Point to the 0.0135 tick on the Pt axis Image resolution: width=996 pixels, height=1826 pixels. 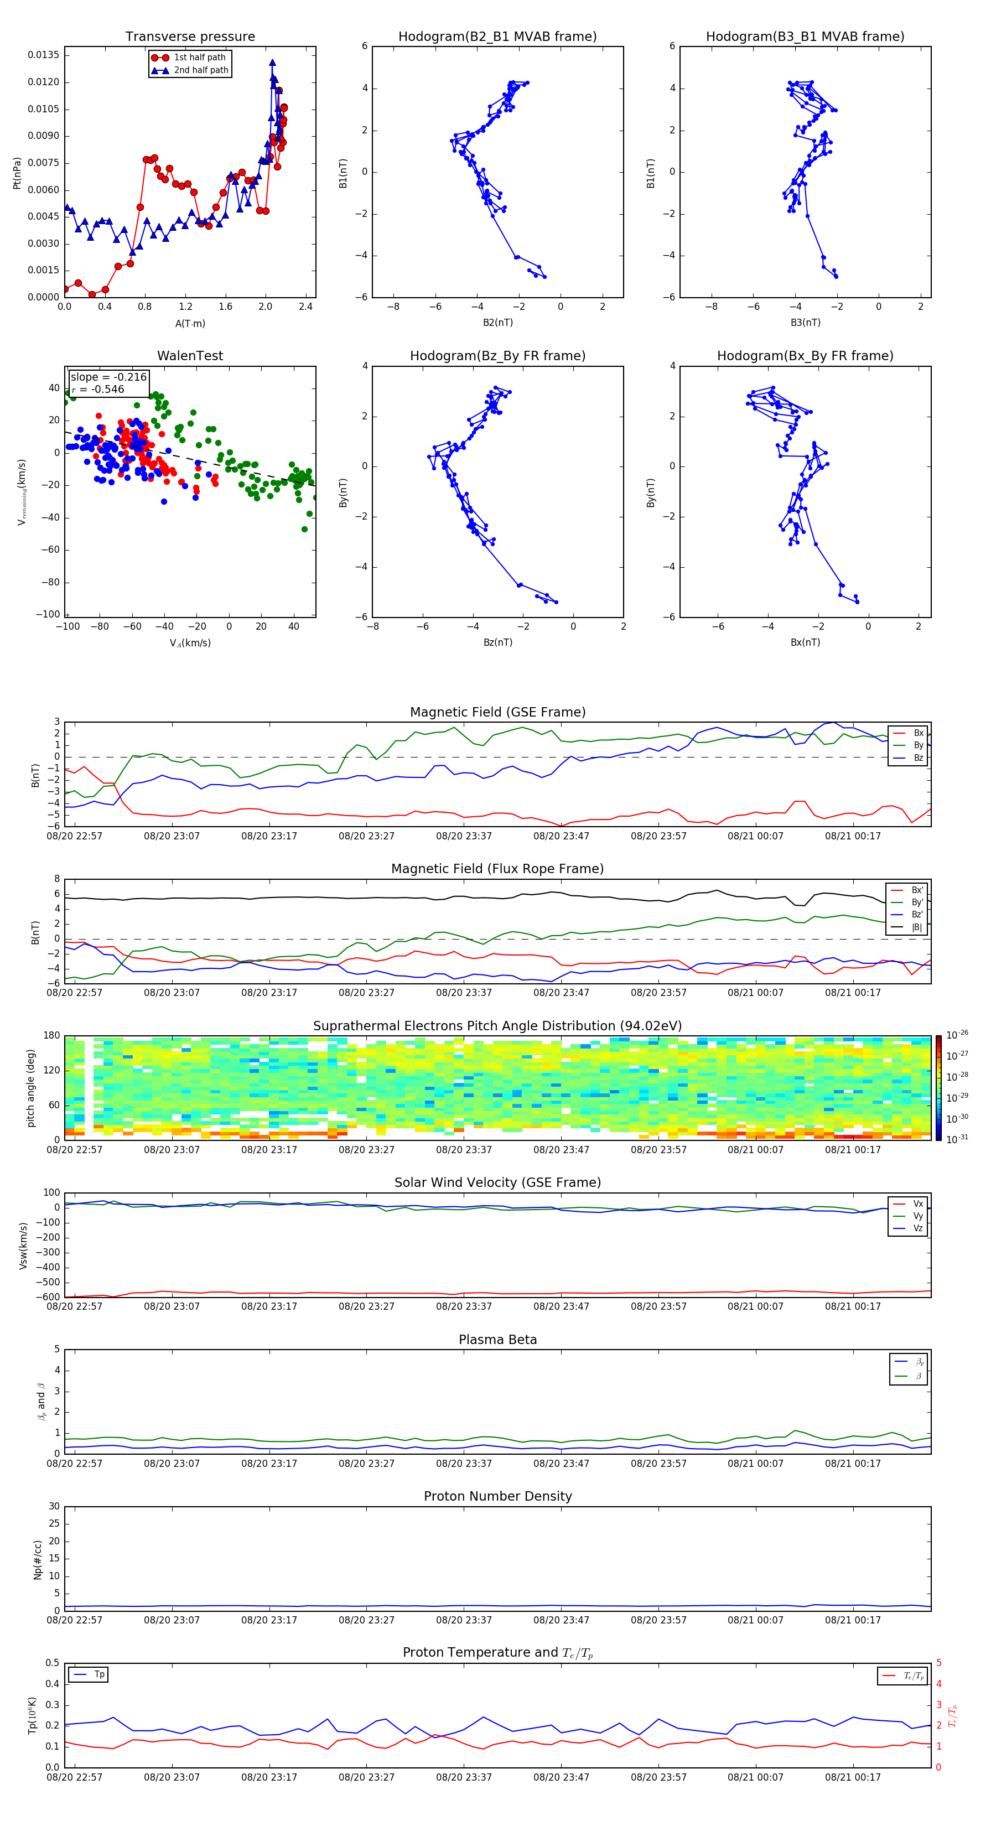[x=43, y=55]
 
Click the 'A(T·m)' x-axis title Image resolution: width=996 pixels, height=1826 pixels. [x=190, y=324]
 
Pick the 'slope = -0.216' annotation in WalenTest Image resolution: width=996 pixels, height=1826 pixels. [x=108, y=377]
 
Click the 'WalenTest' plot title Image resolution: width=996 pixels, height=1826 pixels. [x=190, y=356]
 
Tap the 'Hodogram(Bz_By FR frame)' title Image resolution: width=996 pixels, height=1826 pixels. [x=497, y=356]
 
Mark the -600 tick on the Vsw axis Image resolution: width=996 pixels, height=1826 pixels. [x=46, y=1297]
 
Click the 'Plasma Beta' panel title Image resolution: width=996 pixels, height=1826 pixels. [x=497, y=1340]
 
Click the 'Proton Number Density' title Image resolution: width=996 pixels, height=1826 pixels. [x=497, y=1496]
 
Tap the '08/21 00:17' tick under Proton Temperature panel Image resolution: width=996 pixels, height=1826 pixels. [x=853, y=1778]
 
